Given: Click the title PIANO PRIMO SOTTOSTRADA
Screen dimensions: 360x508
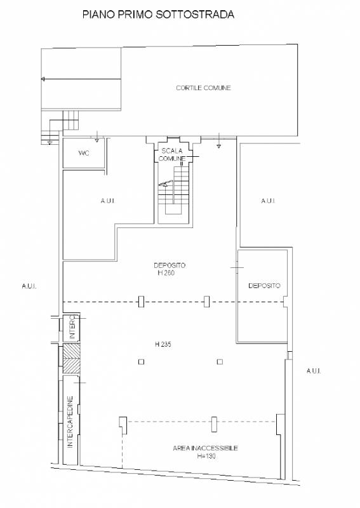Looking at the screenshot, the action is [158, 15].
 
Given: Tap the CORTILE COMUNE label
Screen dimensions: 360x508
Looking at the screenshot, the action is [204, 88].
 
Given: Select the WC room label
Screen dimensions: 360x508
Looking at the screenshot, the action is [84, 153].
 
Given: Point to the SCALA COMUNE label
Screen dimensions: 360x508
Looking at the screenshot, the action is [172, 154].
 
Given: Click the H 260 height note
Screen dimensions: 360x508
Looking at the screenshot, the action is [166, 273].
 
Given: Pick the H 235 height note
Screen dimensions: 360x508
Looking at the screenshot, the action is [163, 344].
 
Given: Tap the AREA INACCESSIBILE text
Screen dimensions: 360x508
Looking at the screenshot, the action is [206, 448].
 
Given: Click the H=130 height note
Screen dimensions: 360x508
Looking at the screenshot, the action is [206, 456].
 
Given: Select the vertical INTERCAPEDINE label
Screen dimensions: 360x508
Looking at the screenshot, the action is [70, 422].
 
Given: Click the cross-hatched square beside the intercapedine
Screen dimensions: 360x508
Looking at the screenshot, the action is [71, 359].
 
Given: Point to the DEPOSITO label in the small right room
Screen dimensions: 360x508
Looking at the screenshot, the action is [264, 285].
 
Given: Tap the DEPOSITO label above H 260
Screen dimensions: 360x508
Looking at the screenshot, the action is [170, 265].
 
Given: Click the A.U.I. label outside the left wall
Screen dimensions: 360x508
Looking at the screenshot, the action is [29, 286].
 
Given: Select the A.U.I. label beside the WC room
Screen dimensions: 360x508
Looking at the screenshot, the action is [107, 201].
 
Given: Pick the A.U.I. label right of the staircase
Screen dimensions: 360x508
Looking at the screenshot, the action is [268, 201].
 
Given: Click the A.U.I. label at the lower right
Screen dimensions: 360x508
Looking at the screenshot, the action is [314, 371].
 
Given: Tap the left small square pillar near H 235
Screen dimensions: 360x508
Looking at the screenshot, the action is [141, 361].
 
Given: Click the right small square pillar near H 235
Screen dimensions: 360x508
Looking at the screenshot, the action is [220, 361].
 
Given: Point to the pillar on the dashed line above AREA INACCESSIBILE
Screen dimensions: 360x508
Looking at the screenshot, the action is [214, 424].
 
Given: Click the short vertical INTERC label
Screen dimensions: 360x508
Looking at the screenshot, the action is [72, 328].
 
